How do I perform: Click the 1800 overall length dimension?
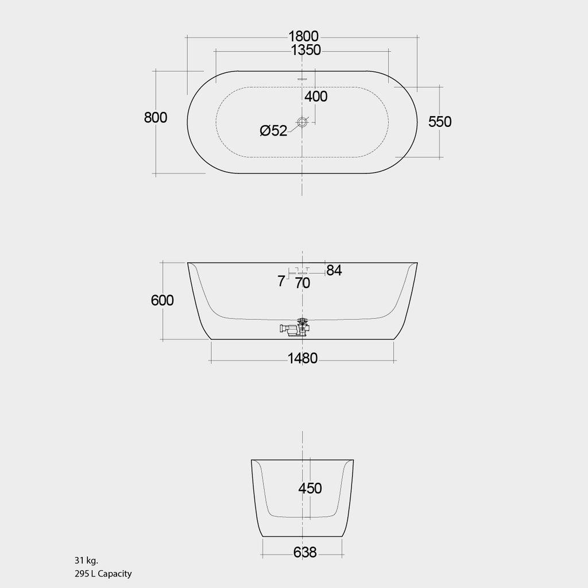click(x=303, y=37)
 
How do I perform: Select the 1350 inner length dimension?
click(x=305, y=51)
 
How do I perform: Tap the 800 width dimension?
click(x=156, y=118)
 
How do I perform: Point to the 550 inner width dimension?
click(x=440, y=122)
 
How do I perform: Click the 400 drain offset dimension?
click(x=316, y=96)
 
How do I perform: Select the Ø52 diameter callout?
click(x=273, y=131)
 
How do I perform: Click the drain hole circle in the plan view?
click(x=303, y=122)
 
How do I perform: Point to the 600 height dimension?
click(x=163, y=300)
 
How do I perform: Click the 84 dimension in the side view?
click(x=334, y=270)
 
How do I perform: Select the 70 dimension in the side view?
click(x=303, y=283)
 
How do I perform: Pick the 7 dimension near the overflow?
click(x=281, y=281)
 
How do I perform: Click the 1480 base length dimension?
click(x=303, y=359)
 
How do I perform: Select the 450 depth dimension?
click(x=310, y=488)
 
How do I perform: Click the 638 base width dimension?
click(x=305, y=552)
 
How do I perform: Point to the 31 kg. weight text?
click(x=86, y=560)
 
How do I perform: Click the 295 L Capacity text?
click(x=103, y=573)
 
